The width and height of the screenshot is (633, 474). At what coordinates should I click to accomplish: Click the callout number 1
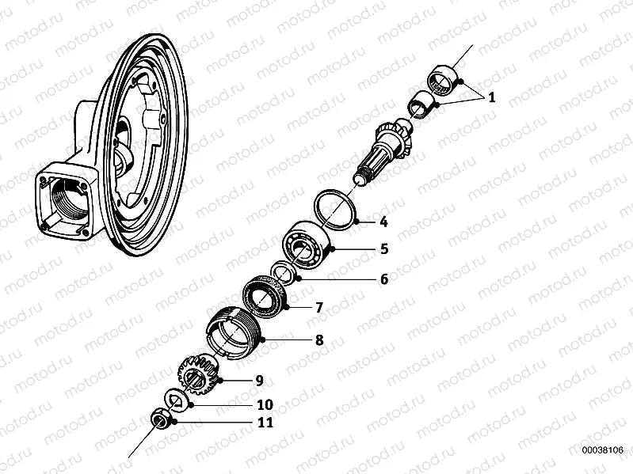[490, 99]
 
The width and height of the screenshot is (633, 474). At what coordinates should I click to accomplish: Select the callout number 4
[383, 222]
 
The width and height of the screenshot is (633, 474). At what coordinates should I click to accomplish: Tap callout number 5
[383, 248]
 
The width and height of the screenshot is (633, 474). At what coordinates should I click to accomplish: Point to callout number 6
[383, 279]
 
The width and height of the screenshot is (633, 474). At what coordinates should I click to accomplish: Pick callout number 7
[319, 306]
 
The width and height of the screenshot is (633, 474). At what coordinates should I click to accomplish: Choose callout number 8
[319, 340]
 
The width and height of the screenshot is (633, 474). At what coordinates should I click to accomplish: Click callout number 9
[258, 381]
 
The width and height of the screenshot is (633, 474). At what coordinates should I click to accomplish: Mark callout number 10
[263, 404]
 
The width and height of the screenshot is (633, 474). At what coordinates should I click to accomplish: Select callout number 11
[263, 423]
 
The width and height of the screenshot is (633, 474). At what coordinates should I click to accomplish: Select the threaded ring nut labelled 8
[231, 332]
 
